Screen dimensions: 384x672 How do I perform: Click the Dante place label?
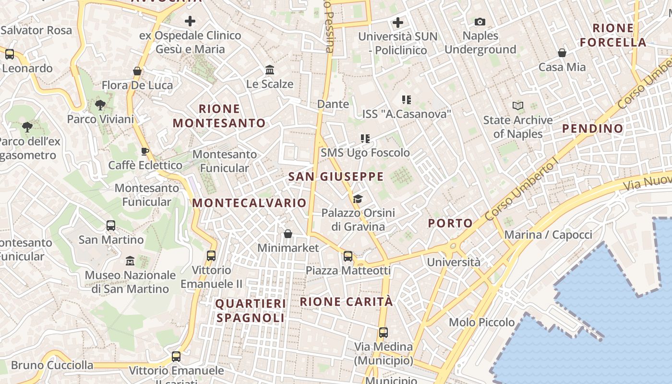pyautogui.click(x=333, y=104)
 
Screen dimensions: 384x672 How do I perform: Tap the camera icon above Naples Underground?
pyautogui.click(x=480, y=22)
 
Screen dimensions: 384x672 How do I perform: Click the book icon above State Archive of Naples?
pyautogui.click(x=518, y=106)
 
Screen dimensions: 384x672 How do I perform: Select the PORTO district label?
pyautogui.click(x=450, y=223)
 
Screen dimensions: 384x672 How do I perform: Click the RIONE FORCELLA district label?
pyautogui.click(x=613, y=35)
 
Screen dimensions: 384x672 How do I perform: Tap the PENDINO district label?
pyautogui.click(x=592, y=128)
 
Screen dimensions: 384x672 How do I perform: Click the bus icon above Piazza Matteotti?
pyautogui.click(x=348, y=256)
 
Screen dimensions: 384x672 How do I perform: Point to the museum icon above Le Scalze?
pyautogui.click(x=270, y=70)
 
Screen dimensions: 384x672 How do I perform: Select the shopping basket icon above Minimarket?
pyautogui.click(x=288, y=234)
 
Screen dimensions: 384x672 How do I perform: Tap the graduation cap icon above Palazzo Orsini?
pyautogui.click(x=358, y=199)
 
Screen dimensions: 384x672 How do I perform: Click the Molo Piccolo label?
pyautogui.click(x=482, y=322)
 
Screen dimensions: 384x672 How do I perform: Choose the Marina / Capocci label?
pyautogui.click(x=548, y=235)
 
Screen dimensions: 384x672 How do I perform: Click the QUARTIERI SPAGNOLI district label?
pyautogui.click(x=251, y=311)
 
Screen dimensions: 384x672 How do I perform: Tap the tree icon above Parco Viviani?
pyautogui.click(x=100, y=105)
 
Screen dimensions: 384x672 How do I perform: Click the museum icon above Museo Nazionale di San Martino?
pyautogui.click(x=130, y=261)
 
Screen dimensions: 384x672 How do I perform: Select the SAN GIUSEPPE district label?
pyautogui.click(x=336, y=177)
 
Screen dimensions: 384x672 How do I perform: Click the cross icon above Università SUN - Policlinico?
pyautogui.click(x=398, y=22)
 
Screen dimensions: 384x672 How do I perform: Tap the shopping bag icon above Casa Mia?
pyautogui.click(x=562, y=53)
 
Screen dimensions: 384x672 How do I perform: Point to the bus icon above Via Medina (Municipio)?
pyautogui.click(x=383, y=332)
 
